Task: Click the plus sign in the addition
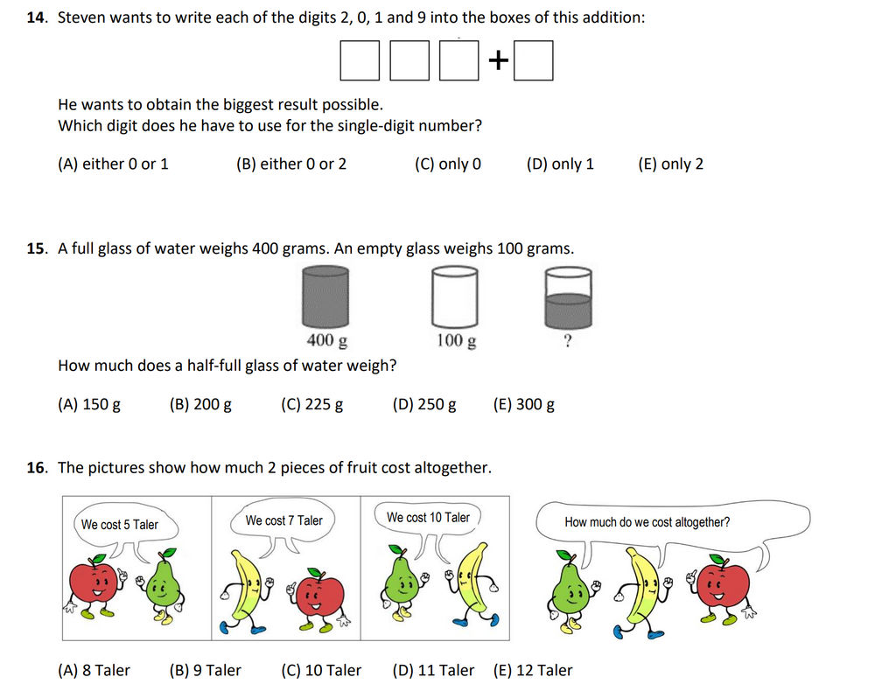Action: tap(498, 60)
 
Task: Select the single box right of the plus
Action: tap(533, 60)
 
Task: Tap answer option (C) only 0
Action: tap(447, 164)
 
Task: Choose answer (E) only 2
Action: tap(670, 164)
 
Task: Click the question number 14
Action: tap(37, 17)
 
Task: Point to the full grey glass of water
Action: tap(325, 297)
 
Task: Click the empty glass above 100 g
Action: tap(455, 297)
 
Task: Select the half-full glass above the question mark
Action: tap(568, 297)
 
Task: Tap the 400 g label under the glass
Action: tap(325, 340)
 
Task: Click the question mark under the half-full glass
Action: tap(569, 341)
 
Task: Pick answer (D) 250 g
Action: tap(424, 404)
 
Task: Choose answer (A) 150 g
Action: tap(88, 404)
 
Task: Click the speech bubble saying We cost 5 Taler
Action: tap(120, 525)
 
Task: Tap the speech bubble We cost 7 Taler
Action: tap(283, 520)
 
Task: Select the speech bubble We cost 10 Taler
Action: tap(428, 518)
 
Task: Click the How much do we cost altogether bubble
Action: tap(647, 522)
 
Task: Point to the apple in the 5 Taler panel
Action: tap(94, 582)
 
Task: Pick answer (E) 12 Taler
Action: tap(533, 670)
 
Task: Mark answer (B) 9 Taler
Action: tap(205, 670)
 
